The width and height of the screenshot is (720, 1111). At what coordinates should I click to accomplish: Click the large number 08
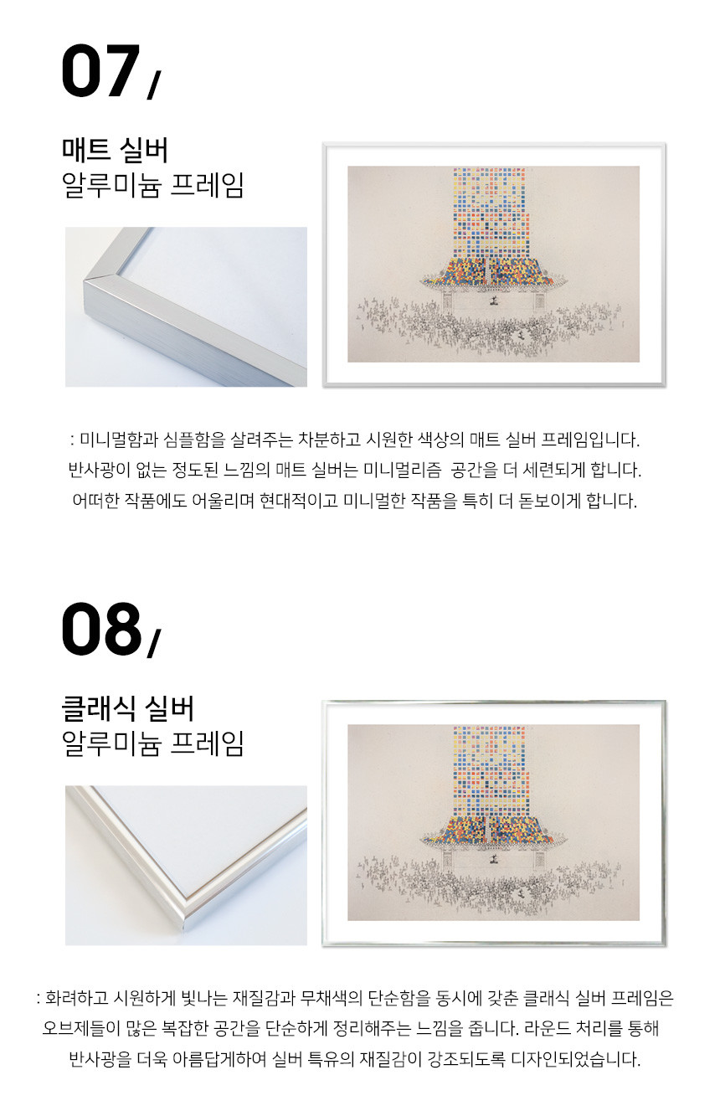pos(101,629)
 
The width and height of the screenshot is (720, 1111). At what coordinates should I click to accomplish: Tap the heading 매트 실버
pos(115,151)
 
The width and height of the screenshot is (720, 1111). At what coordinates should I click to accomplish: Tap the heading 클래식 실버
pos(127,709)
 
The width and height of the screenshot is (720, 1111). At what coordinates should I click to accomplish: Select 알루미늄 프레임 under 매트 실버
pos(152,186)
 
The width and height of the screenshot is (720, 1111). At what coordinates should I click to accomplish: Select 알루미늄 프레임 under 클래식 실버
pos(152,744)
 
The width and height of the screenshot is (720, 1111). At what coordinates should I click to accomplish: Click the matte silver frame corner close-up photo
pos(186,307)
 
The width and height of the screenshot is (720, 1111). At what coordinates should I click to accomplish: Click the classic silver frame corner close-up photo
pos(186,866)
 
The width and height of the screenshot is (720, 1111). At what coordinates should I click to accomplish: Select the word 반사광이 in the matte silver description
pos(92,470)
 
